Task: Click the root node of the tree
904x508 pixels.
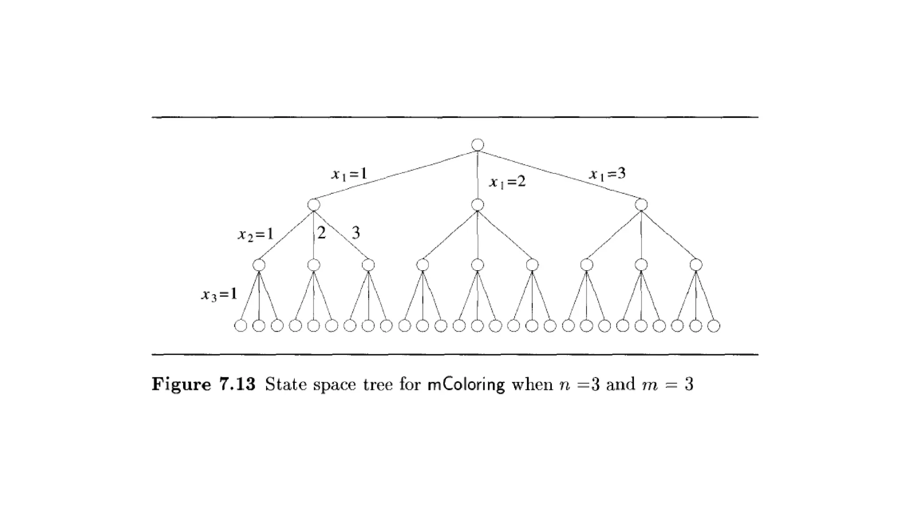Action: click(477, 145)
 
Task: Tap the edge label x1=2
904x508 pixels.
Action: click(508, 182)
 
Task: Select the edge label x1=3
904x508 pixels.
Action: click(608, 174)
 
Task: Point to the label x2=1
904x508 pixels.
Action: click(256, 234)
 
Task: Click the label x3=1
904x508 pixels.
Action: click(219, 294)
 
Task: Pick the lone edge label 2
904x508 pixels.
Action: click(321, 232)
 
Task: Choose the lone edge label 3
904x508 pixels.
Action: click(356, 232)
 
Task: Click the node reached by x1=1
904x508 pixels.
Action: click(313, 205)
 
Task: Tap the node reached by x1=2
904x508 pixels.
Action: click(477, 205)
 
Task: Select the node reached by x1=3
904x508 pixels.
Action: click(641, 205)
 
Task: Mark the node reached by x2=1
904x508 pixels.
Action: click(259, 265)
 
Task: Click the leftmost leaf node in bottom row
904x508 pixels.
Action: click(241, 326)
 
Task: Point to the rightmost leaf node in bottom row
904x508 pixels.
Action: click(714, 326)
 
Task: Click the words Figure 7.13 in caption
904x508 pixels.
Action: click(203, 385)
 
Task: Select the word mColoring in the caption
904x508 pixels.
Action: click(466, 385)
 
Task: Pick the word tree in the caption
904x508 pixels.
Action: click(378, 385)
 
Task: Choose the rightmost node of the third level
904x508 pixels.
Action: click(696, 265)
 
